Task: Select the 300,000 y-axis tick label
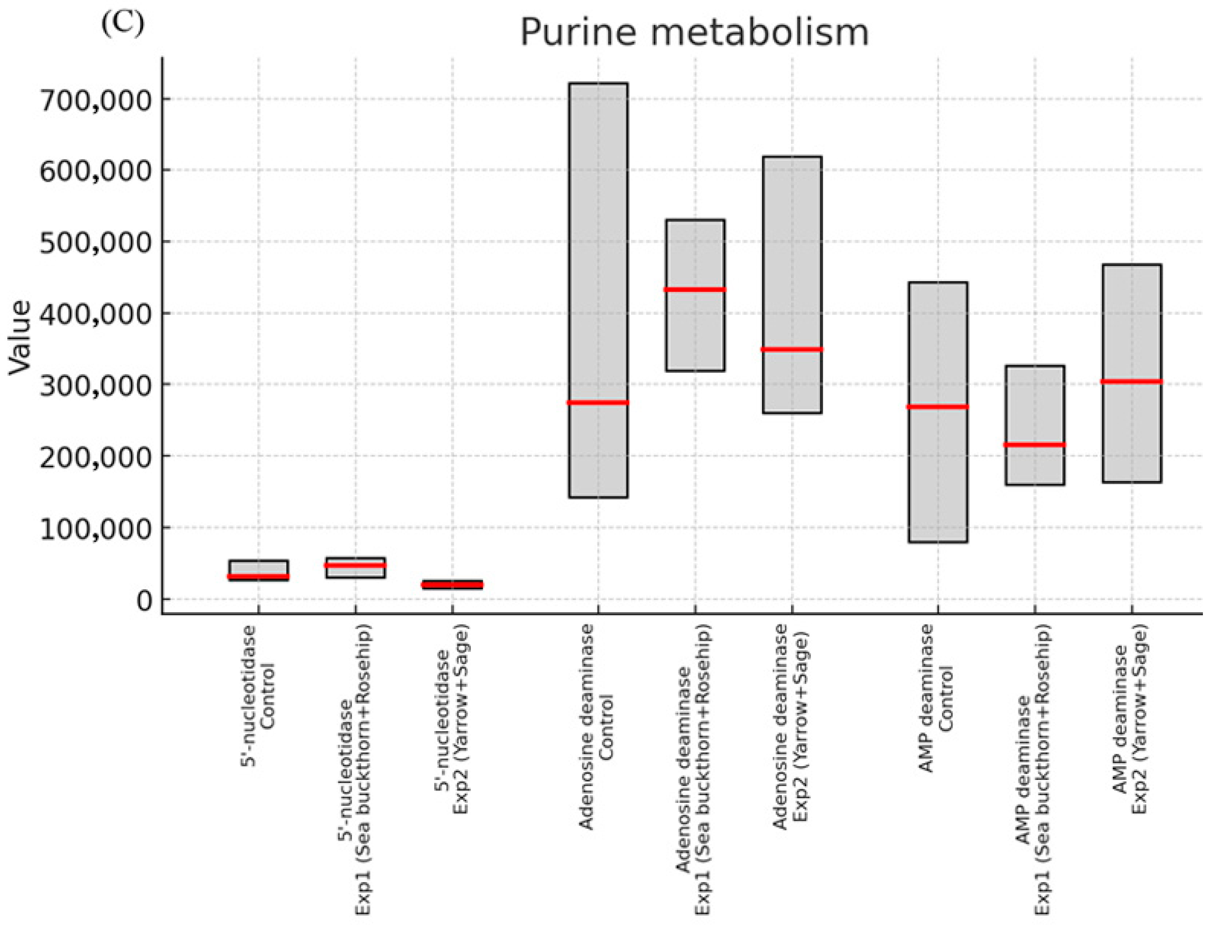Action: pos(95,386)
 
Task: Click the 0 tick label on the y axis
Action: pos(144,601)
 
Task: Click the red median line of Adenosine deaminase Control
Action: pos(598,402)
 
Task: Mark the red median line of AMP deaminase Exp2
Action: pos(1131,381)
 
